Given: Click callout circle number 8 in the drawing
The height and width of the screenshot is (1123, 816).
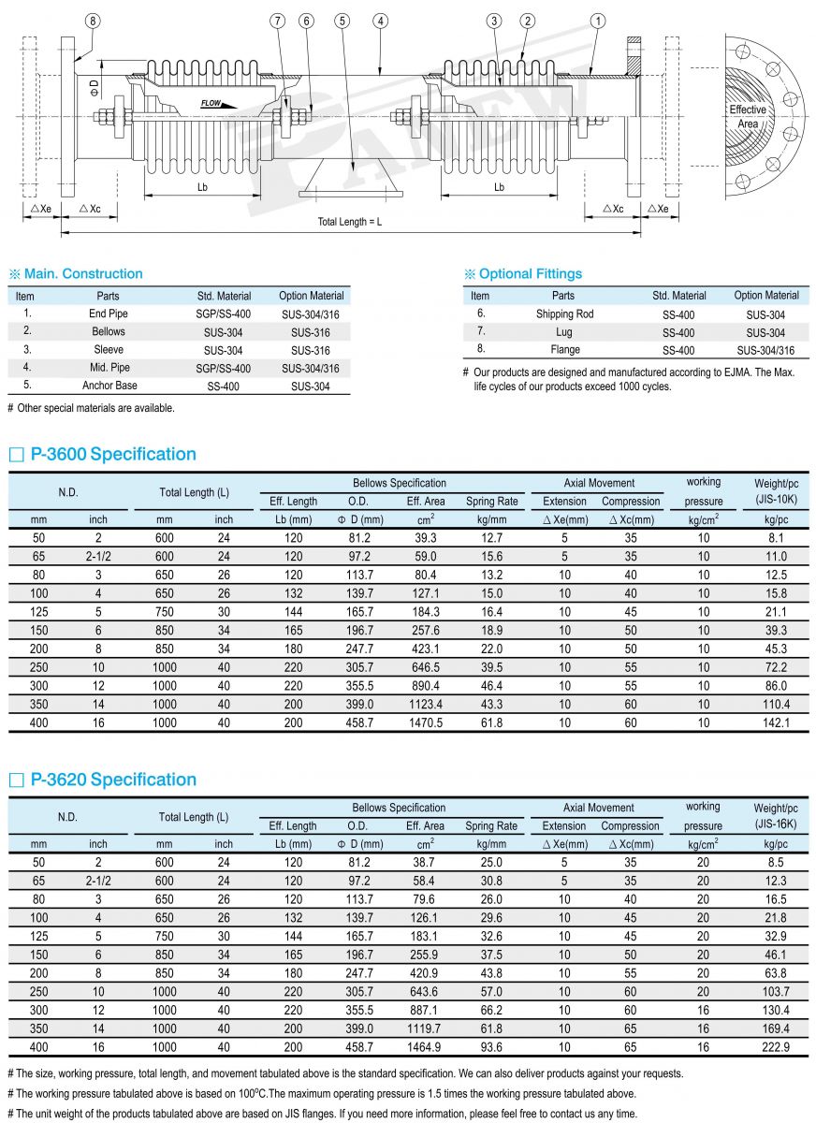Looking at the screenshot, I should click(x=92, y=21).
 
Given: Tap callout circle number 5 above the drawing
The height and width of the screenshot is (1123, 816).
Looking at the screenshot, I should click(x=342, y=21).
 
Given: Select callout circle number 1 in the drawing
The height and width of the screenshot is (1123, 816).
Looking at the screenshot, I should click(x=599, y=21).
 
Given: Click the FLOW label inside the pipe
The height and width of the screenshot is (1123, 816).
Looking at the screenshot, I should click(x=212, y=103).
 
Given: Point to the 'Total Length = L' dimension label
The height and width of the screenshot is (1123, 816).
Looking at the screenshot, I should click(x=350, y=221).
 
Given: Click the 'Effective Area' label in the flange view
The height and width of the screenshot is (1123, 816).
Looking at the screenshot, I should click(x=748, y=116).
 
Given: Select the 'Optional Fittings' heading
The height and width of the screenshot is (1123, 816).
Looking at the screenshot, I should click(x=530, y=274).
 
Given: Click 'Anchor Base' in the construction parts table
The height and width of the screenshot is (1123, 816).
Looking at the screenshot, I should click(x=110, y=385).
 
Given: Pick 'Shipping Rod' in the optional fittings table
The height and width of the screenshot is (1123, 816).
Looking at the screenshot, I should click(x=564, y=314).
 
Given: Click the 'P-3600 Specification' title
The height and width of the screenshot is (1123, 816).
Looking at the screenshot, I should click(x=113, y=455).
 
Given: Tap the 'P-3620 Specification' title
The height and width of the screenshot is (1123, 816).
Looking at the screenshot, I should click(x=113, y=780).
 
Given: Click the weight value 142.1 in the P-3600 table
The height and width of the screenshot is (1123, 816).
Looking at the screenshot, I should click(x=776, y=722).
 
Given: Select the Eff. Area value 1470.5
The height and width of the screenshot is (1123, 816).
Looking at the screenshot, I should click(x=426, y=722).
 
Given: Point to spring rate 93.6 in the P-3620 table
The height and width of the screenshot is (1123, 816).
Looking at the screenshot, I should click(x=491, y=1047).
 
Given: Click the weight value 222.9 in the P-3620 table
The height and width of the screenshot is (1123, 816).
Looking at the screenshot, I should click(x=776, y=1047).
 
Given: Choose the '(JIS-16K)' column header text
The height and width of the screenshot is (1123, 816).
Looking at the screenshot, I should click(x=776, y=824).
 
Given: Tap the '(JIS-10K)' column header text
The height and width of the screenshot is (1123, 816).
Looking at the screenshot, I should click(x=776, y=501).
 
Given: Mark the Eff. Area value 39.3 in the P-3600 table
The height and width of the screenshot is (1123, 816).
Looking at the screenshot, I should click(x=426, y=538).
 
